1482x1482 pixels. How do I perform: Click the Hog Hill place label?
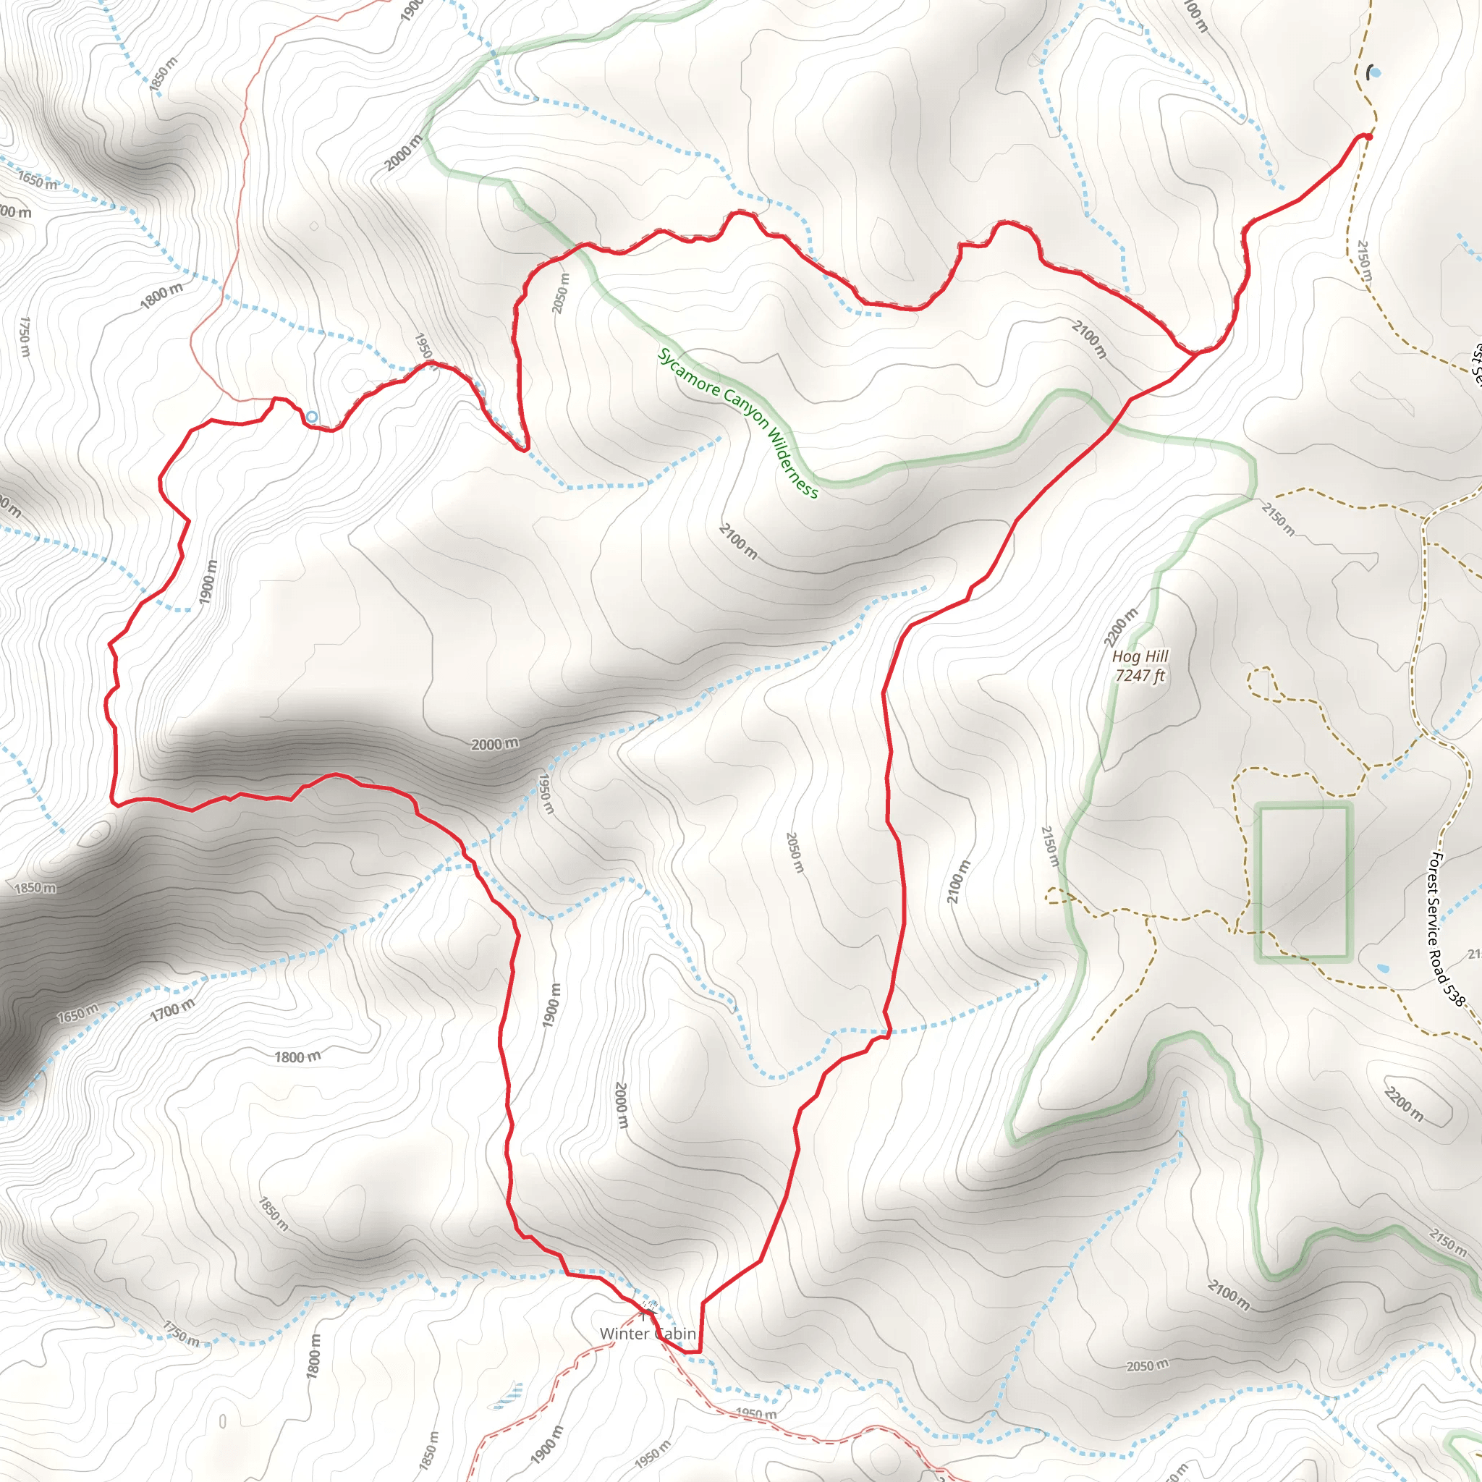point(1140,656)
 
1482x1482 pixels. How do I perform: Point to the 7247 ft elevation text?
point(1140,676)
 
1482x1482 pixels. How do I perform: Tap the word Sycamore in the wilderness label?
point(689,373)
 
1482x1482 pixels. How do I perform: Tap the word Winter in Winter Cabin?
point(624,1334)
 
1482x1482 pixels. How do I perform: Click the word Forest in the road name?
point(1435,871)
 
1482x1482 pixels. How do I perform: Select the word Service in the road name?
point(1433,920)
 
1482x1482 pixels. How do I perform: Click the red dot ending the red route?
point(1368,137)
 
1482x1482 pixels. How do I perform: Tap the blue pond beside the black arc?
point(1375,73)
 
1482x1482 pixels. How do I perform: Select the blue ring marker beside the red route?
point(312,418)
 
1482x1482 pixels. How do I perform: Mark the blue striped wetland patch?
point(509,1397)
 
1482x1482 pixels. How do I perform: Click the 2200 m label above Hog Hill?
point(1121,627)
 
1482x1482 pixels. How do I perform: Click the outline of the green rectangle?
point(1258,882)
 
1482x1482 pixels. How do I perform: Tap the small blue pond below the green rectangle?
point(1382,969)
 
